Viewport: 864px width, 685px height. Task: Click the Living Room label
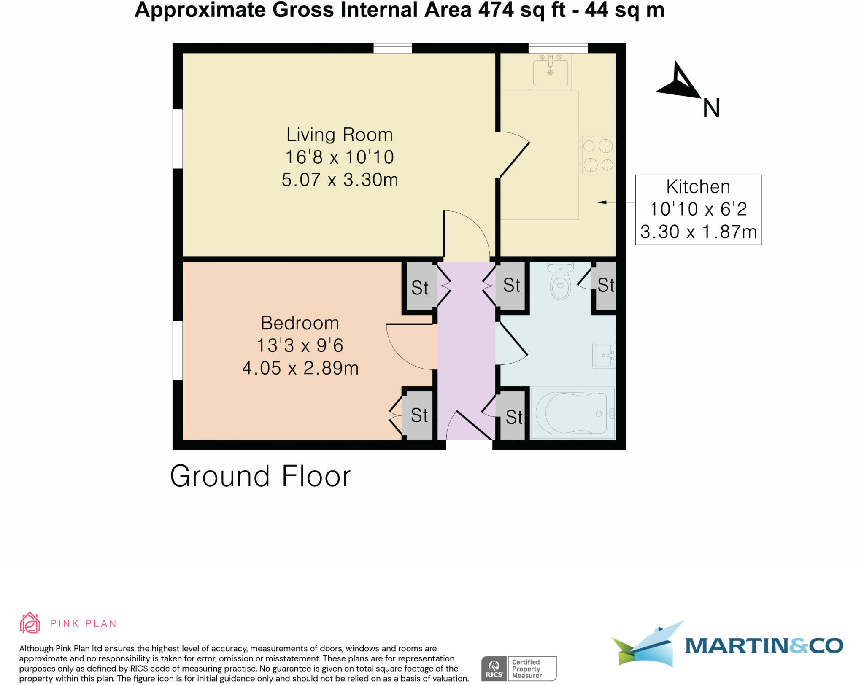coord(340,135)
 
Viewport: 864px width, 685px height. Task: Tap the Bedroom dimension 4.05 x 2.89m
coord(300,368)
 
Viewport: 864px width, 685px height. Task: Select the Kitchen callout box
coord(698,210)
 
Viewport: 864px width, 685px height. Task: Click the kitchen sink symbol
coord(550,71)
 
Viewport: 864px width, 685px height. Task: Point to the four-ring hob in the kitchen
coord(597,155)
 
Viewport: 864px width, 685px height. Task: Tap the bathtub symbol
coord(572,413)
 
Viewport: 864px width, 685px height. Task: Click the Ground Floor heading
coord(260,476)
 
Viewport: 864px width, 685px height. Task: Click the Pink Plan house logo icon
coord(30,623)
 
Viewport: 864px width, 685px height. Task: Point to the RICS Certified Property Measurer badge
coord(519,668)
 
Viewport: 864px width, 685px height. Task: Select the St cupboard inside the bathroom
coord(605,286)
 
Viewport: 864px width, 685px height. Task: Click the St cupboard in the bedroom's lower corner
coord(418,415)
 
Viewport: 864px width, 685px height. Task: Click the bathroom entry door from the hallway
coord(512,344)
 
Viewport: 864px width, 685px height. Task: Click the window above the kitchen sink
coord(558,48)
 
